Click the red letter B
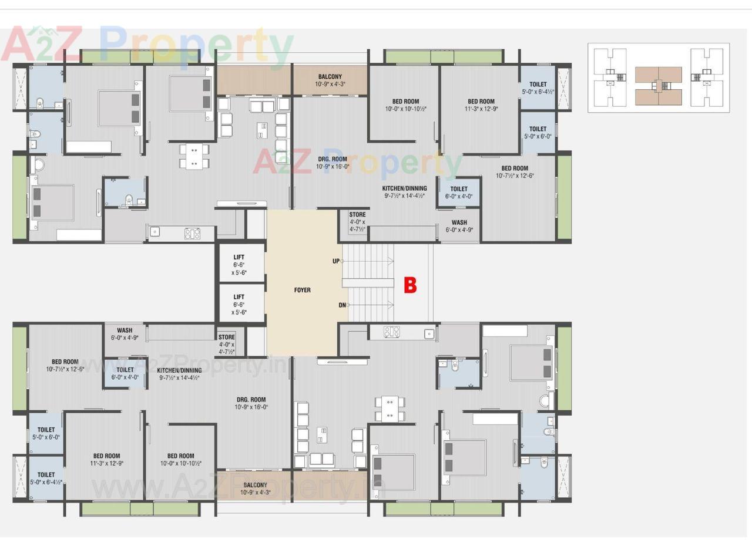pos(410,285)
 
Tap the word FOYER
pos(302,290)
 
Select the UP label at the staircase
pos(336,261)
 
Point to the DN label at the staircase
pos(342,305)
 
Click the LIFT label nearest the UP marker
pos(239,258)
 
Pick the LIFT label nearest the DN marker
pos(239,298)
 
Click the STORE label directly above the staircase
pos(357,215)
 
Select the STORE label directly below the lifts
pos(226,338)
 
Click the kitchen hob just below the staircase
pos(392,332)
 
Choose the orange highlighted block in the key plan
pos(658,85)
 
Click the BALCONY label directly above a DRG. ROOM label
pos(330,77)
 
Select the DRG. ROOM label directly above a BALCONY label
pos(251,400)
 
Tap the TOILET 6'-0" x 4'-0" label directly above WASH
pos(459,190)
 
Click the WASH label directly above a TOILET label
pos(125,330)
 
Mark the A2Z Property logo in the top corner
pos(147,44)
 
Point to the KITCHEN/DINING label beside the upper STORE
pos(404,188)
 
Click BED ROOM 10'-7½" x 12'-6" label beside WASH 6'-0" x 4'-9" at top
pos(515,168)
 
